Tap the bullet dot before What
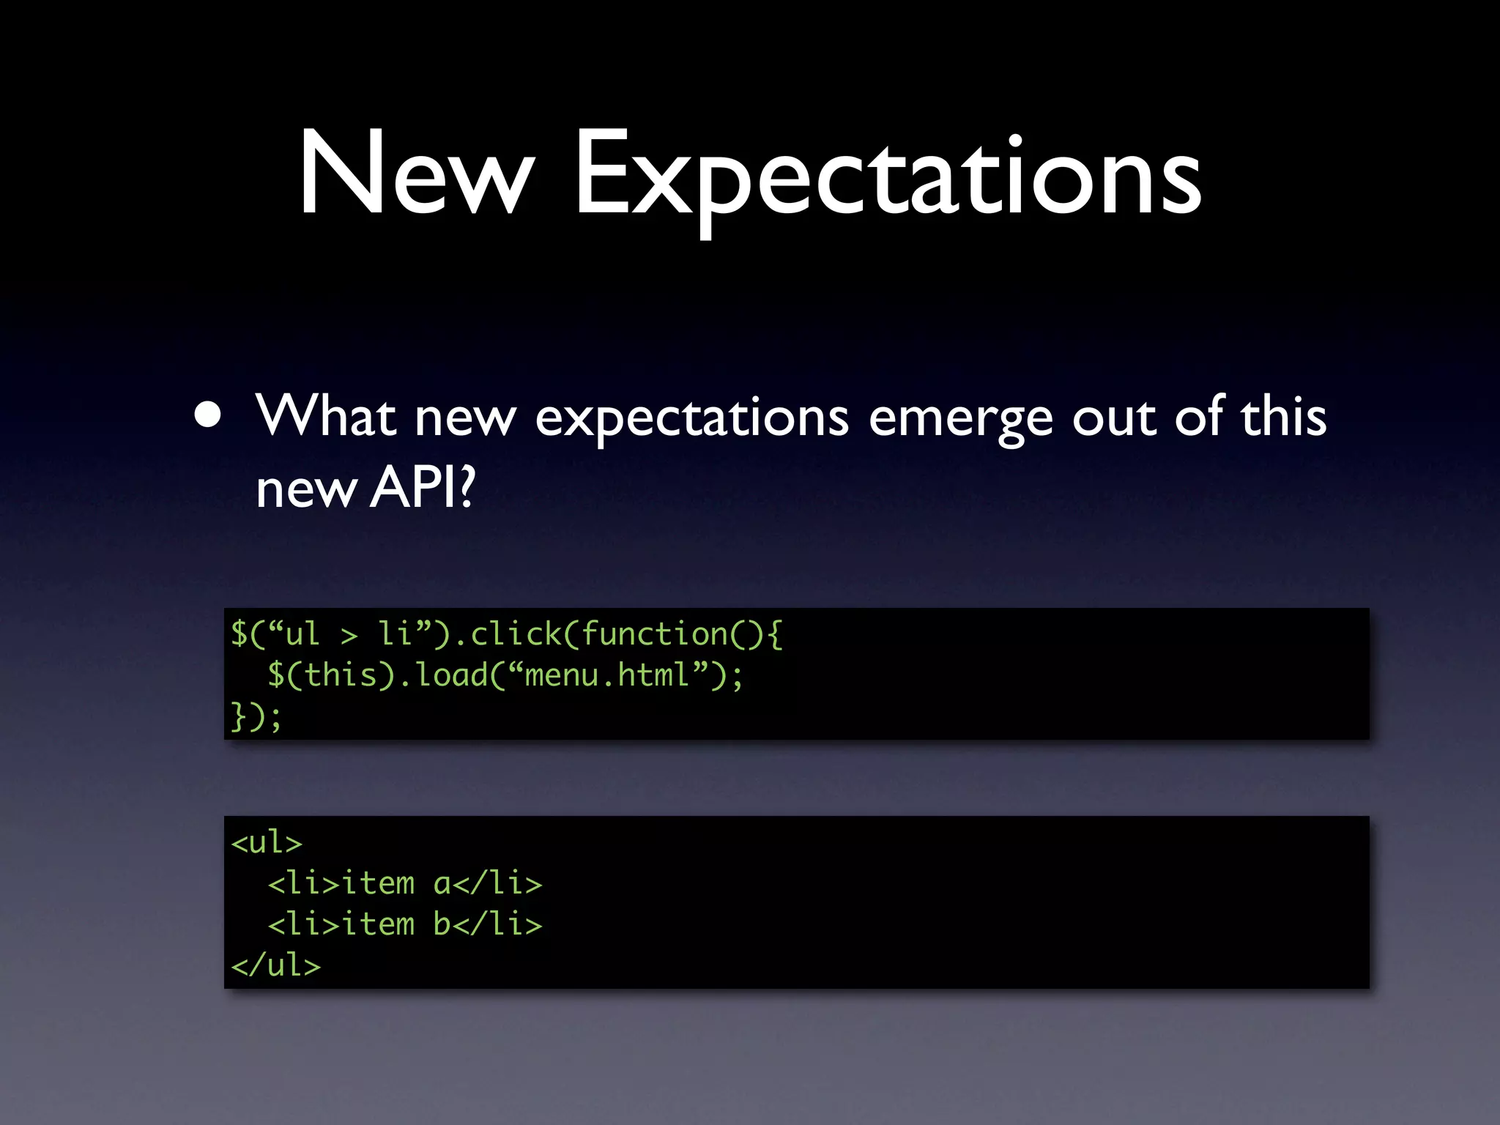(208, 416)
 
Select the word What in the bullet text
(325, 416)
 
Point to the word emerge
(960, 419)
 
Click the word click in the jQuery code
(516, 634)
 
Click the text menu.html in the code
(607, 675)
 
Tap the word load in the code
(451, 675)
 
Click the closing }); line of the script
(256, 716)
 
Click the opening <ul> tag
(267, 842)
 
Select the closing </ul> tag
(276, 965)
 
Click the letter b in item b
(442, 924)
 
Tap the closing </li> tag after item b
(498, 924)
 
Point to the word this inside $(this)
(341, 675)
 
